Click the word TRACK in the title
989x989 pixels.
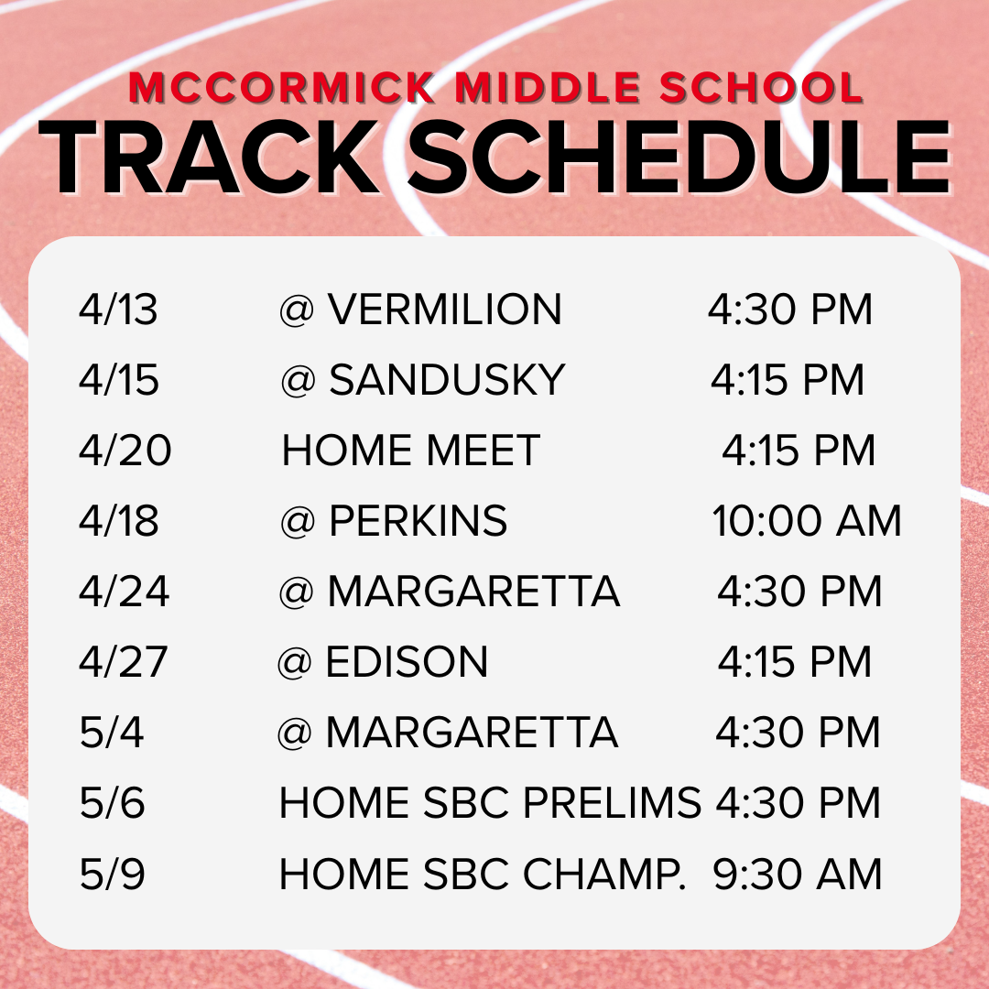point(211,158)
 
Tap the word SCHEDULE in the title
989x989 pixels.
point(678,158)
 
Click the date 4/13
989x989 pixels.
point(119,310)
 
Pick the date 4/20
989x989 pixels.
point(125,451)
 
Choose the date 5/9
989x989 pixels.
point(113,874)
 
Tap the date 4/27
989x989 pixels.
point(124,662)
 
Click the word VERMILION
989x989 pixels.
point(445,310)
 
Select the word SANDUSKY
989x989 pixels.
point(447,380)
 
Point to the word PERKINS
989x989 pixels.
point(418,521)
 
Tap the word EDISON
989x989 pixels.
point(407,662)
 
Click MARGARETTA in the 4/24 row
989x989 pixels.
point(473,592)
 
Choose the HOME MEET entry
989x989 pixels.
point(411,451)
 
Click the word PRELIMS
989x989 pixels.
point(612,803)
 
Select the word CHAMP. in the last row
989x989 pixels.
point(604,874)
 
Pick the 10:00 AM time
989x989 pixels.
point(807,521)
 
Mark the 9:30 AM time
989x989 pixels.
point(798,874)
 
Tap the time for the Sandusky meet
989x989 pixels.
point(788,380)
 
